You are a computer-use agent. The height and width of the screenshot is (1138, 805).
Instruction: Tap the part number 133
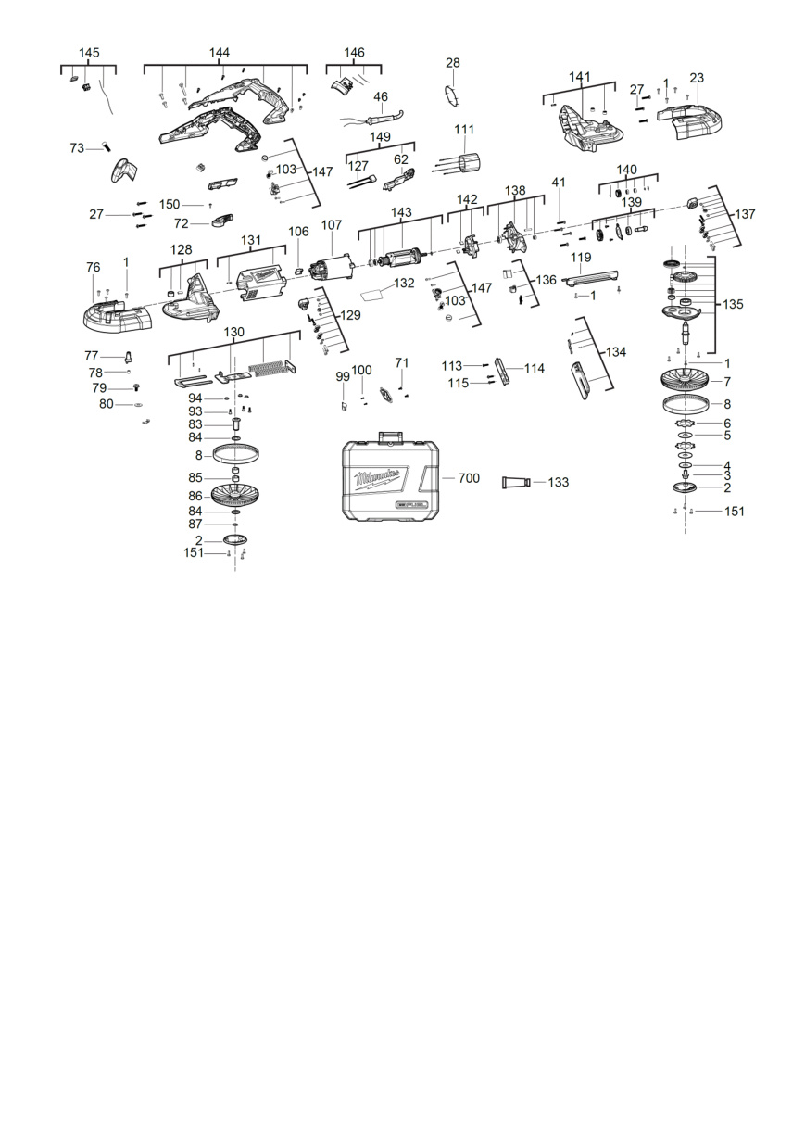[x=559, y=482]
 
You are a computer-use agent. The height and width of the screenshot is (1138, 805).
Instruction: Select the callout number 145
[x=89, y=53]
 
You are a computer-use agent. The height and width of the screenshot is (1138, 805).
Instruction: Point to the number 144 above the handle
[x=220, y=52]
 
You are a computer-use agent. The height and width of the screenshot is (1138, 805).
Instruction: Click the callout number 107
[x=332, y=224]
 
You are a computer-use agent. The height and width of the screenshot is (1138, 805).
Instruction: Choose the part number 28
[x=453, y=62]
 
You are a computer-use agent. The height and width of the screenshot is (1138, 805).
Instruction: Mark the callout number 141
[x=580, y=77]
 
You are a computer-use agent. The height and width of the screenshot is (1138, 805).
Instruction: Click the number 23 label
[x=697, y=78]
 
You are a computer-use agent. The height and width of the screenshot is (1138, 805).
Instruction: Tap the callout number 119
[x=581, y=258]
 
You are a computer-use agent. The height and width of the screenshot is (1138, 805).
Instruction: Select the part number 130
[x=233, y=333]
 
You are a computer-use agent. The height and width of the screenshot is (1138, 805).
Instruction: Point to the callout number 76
[x=93, y=267]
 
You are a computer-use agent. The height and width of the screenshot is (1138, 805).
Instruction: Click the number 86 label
[x=195, y=496]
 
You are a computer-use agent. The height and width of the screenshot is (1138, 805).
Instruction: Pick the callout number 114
[x=535, y=368]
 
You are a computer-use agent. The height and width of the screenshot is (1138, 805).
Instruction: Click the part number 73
[x=77, y=148]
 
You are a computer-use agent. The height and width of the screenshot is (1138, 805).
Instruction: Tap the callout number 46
[x=381, y=96]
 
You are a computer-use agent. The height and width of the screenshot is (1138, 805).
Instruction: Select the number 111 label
[x=464, y=130]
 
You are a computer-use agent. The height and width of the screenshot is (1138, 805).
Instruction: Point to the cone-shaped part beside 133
[x=516, y=482]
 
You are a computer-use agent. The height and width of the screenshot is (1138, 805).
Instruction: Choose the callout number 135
[x=733, y=304]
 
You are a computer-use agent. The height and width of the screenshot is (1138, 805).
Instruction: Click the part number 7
[x=727, y=381]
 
